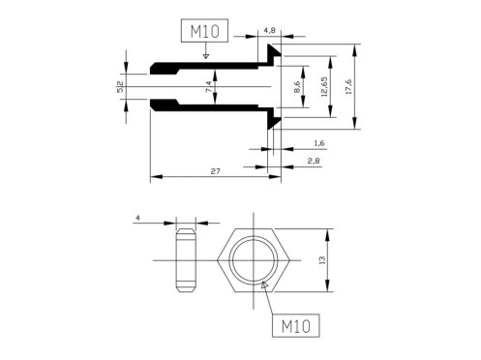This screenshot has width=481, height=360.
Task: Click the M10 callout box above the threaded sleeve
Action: click(204, 31)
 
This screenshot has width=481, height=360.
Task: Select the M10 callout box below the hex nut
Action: click(296, 325)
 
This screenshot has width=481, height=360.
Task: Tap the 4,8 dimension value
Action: click(270, 30)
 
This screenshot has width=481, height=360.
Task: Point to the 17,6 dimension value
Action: click(348, 86)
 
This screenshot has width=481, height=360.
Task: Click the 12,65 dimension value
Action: click(324, 86)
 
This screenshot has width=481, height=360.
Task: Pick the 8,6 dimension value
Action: click(297, 86)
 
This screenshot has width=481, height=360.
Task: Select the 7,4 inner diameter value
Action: click(209, 86)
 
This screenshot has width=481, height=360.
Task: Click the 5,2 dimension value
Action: click(120, 86)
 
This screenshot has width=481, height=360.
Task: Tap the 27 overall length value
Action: click(215, 171)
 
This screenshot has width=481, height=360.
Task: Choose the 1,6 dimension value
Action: click(319, 143)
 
